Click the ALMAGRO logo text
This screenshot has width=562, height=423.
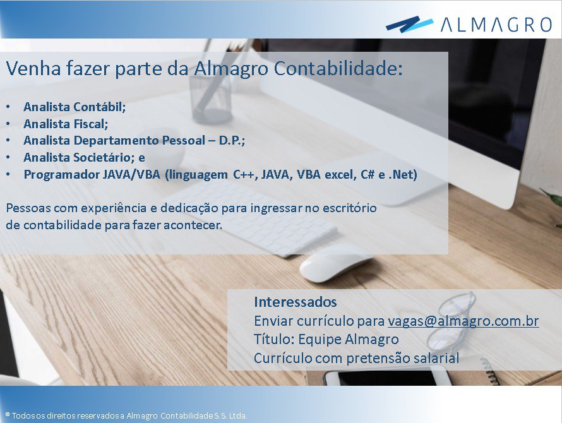[x=496, y=25]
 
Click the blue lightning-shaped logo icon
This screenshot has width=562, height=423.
[x=410, y=24]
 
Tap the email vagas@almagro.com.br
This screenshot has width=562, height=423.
[x=463, y=321]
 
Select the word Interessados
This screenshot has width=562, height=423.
[x=296, y=302]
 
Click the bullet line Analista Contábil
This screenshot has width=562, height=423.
[x=75, y=107]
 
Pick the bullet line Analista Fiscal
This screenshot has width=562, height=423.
[x=66, y=124]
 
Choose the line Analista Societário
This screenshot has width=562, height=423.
[x=84, y=157]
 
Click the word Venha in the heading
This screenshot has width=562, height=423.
[x=33, y=68]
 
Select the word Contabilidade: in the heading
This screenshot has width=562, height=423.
[x=338, y=68]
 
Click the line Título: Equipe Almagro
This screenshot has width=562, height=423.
[x=326, y=339]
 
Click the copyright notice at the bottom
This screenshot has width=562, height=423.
[x=126, y=416]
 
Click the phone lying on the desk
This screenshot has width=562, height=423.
[x=387, y=378]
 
